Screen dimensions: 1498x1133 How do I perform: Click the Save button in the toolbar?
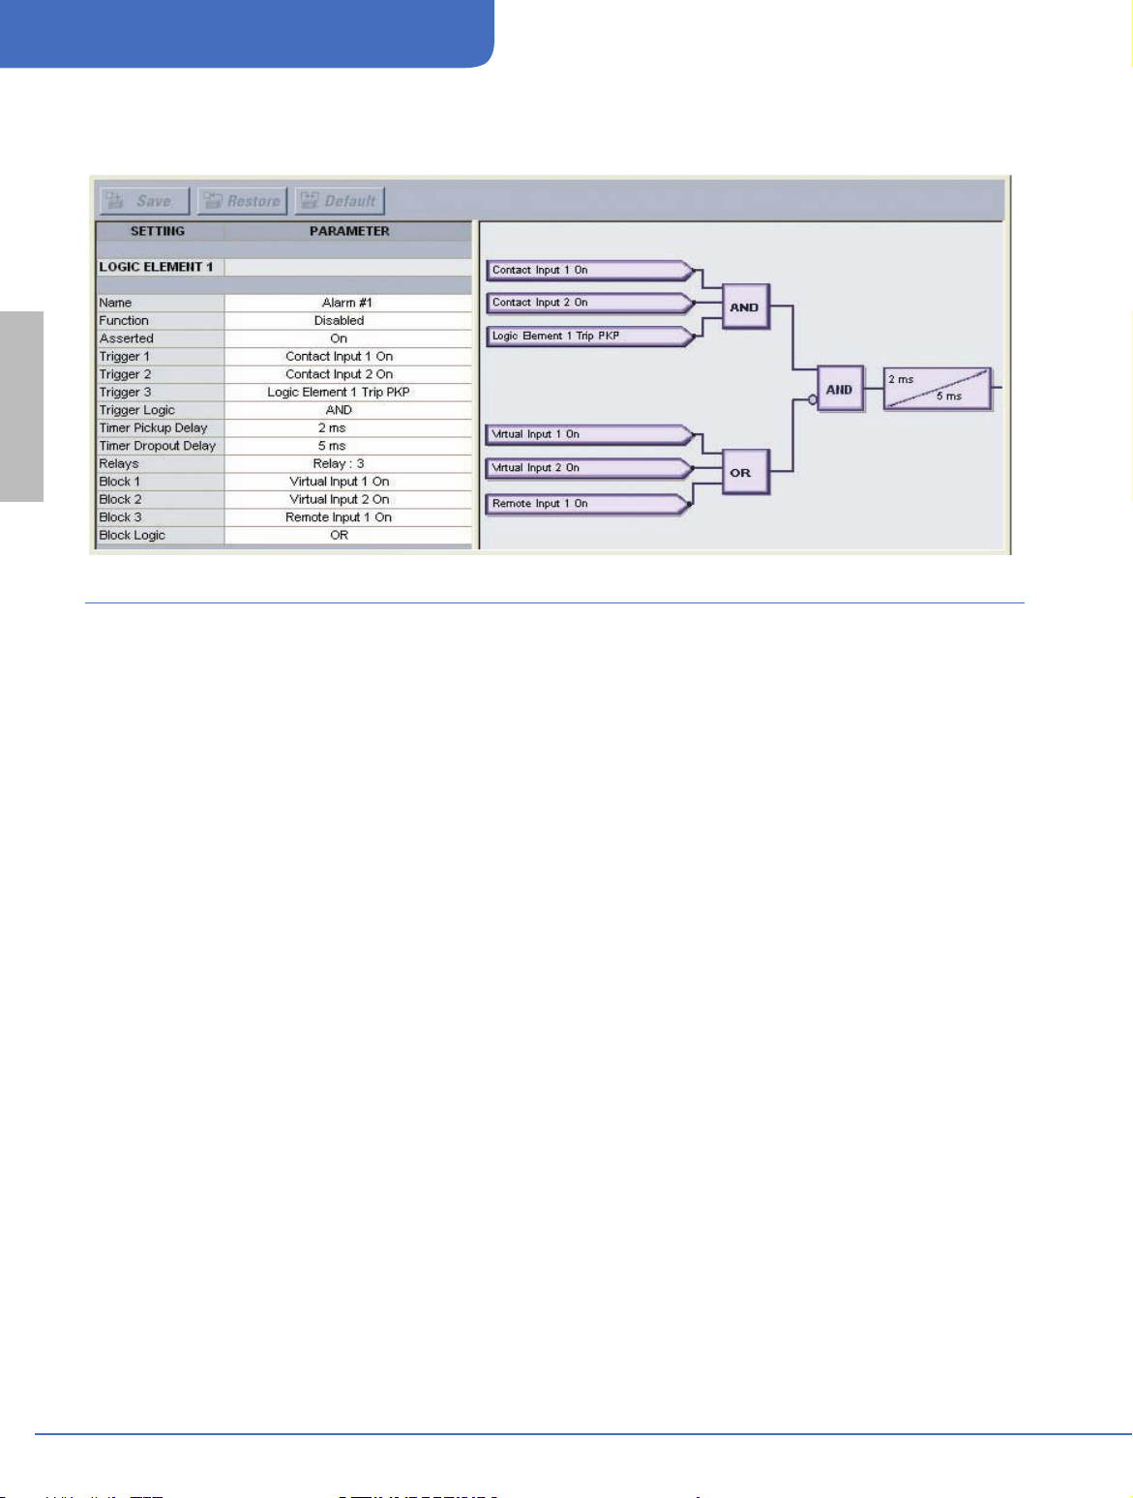(x=144, y=201)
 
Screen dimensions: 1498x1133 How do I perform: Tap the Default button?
(x=340, y=201)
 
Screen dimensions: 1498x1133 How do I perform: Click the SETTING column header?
(x=158, y=231)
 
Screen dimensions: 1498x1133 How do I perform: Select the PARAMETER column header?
(x=349, y=231)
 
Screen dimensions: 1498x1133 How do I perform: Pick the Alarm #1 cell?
(x=347, y=303)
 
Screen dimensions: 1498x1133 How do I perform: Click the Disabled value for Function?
(x=339, y=320)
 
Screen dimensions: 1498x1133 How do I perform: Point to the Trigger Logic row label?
(x=137, y=410)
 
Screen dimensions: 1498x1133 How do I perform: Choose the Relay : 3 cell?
(x=339, y=463)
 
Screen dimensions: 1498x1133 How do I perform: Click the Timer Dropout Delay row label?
(x=158, y=446)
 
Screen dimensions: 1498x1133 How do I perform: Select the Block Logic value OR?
(x=339, y=535)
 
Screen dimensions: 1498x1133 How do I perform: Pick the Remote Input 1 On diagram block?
(x=586, y=504)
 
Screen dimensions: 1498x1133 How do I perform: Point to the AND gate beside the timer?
(x=839, y=390)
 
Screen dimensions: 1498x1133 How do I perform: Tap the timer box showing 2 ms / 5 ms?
(x=937, y=389)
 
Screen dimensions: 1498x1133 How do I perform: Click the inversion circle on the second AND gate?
(x=813, y=399)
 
